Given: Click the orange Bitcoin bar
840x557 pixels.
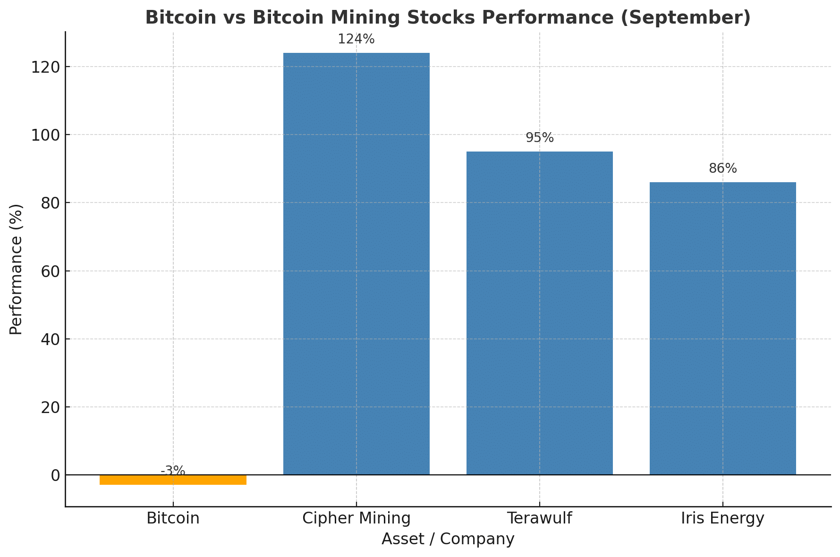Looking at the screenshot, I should (173, 480).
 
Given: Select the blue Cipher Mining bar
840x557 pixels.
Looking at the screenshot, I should (356, 264).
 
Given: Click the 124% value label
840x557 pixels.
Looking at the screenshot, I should (356, 40).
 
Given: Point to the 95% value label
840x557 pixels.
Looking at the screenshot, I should (539, 138).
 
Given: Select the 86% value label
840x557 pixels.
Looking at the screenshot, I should (722, 169).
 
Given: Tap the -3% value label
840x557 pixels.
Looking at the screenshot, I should (173, 471).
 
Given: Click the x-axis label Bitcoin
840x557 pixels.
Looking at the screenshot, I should (173, 518).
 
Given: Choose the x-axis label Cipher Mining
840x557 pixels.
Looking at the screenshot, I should (356, 518).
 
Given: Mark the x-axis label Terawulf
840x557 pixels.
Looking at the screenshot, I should (539, 518).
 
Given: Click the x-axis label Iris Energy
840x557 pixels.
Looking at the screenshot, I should (722, 518).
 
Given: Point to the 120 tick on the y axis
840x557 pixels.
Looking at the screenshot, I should (45, 67).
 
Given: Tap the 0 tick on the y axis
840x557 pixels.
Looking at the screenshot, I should (55, 475).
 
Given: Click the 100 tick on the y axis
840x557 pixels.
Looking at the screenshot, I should (45, 135).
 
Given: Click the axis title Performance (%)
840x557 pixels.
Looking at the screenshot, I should (16, 269).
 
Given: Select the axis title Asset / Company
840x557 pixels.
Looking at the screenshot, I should (448, 539).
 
